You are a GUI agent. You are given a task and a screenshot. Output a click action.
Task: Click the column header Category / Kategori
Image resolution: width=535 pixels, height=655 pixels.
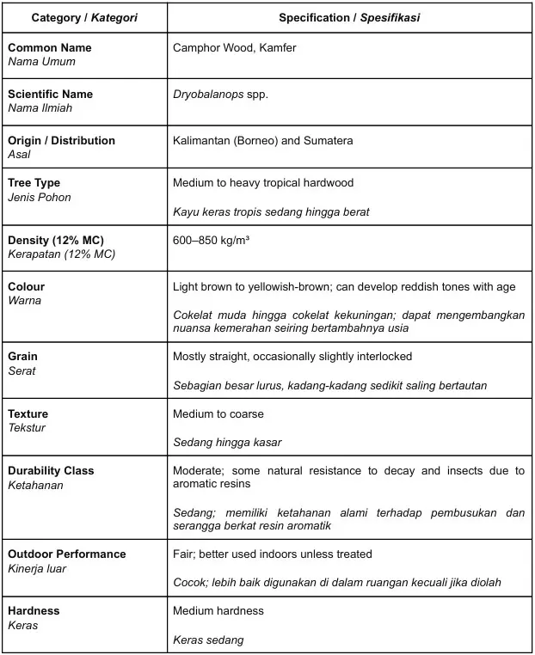84,18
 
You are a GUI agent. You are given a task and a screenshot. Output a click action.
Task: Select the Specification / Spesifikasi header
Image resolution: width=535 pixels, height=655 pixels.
349,18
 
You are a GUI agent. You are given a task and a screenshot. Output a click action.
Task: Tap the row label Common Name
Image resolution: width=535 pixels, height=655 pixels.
49,48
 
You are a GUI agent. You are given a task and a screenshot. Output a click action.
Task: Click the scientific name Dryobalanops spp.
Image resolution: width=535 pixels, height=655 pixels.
220,95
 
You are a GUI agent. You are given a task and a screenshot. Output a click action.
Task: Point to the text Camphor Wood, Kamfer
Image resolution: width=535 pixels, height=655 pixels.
234,48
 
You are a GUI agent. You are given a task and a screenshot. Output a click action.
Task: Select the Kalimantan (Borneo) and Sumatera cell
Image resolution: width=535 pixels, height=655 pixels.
262,141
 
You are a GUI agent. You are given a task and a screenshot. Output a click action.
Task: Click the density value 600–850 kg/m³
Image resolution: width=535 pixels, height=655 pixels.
212,241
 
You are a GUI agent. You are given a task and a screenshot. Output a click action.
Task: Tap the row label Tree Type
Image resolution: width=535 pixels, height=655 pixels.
34,183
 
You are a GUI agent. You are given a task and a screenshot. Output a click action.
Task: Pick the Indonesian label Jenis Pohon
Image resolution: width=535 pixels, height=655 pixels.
39,197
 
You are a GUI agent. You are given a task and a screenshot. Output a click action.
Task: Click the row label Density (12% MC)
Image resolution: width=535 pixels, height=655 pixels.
55,241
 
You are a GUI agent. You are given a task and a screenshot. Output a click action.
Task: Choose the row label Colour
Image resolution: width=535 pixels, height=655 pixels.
26,287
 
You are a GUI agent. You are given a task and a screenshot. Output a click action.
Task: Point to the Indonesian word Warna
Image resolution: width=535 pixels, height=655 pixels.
24,301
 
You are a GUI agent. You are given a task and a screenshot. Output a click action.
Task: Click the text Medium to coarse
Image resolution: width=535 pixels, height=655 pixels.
218,414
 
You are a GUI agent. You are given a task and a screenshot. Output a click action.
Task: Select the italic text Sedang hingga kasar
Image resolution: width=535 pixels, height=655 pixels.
227,443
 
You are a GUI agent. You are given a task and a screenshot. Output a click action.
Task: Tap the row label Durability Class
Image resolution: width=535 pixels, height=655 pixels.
51,471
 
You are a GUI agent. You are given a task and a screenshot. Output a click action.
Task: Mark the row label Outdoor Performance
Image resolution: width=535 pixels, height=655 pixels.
66,554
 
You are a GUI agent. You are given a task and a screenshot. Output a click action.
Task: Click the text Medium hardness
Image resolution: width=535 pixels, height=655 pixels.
218,611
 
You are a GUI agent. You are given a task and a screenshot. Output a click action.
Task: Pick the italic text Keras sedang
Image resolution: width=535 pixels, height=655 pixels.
208,640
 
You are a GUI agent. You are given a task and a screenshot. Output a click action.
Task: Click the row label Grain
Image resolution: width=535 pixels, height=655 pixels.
22,357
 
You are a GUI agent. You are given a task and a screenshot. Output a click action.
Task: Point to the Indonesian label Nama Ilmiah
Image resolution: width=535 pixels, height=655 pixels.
40,108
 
